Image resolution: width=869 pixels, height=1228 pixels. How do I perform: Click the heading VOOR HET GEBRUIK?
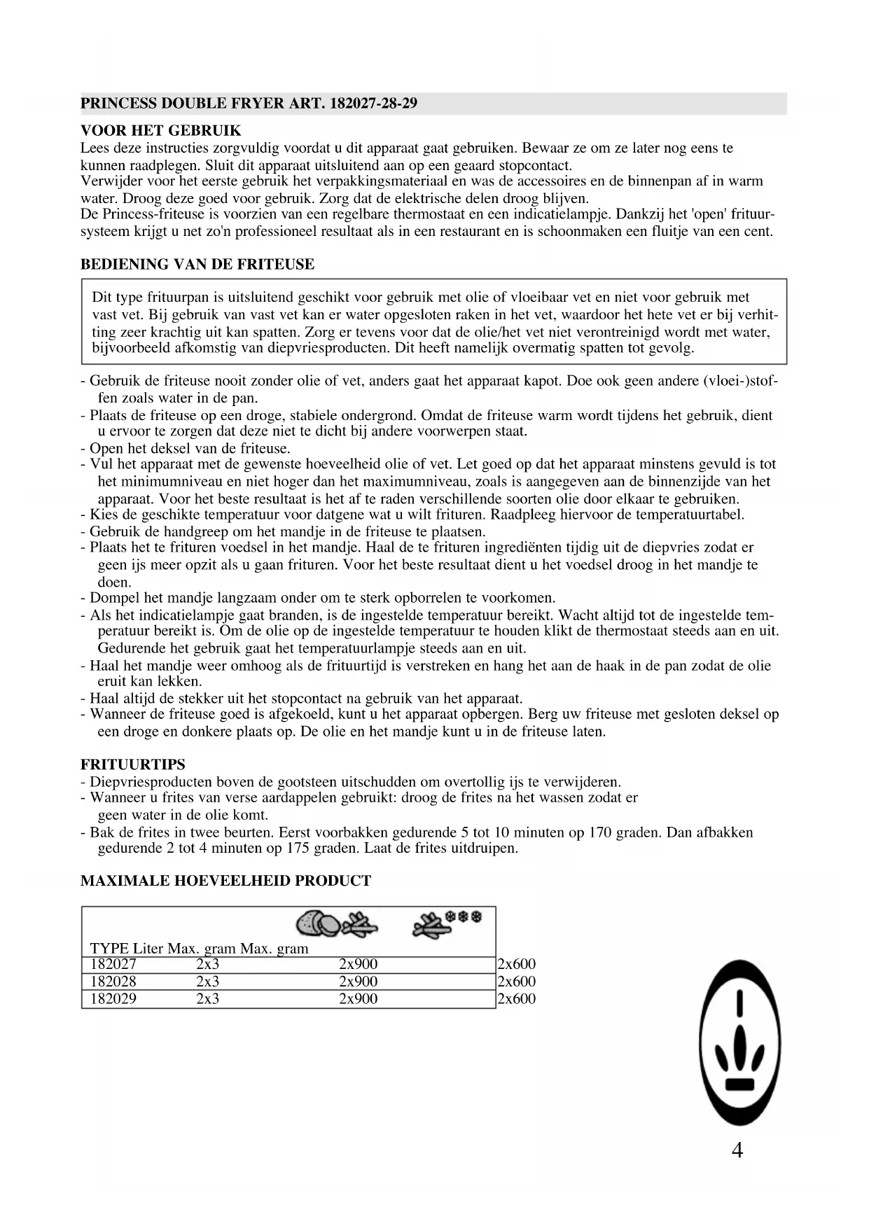[x=160, y=131]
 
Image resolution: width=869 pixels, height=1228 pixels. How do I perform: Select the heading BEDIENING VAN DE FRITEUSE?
[x=197, y=265]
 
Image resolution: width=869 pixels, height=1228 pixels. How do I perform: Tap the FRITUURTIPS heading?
[x=133, y=765]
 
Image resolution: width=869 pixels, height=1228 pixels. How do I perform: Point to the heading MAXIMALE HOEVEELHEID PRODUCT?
[x=225, y=881]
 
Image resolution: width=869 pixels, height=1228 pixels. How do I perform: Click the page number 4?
[x=737, y=1150]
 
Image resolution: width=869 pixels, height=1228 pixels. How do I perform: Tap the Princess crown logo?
[x=740, y=1043]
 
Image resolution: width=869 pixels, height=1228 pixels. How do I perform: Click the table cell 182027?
[x=113, y=964]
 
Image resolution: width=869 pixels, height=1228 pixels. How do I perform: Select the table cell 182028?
[x=113, y=982]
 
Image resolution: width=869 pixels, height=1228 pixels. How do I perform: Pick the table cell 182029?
[x=113, y=999]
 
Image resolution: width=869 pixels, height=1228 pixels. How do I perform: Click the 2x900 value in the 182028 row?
[x=358, y=982]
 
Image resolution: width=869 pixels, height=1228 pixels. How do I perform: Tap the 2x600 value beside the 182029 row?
[x=516, y=999]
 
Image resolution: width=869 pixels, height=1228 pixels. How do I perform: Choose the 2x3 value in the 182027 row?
[x=207, y=964]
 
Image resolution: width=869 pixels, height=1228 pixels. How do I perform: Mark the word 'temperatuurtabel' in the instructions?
[x=689, y=515]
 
